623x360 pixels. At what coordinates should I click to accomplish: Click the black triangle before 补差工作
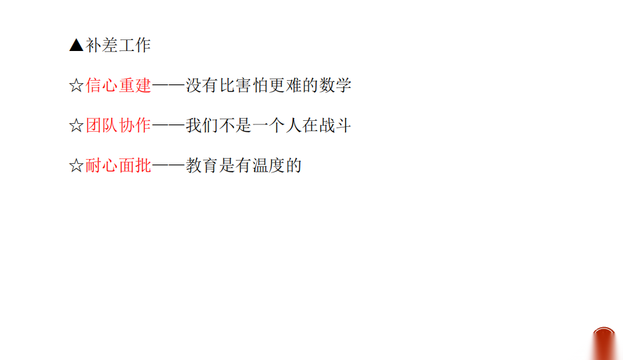77,45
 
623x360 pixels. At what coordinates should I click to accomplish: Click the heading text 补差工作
118,46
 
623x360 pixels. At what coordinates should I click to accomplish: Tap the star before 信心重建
77,86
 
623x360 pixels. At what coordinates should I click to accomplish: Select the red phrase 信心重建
118,86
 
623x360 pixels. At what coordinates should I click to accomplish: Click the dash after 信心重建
168,86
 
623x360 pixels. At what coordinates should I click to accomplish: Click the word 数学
335,86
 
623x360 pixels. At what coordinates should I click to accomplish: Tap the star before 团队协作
77,126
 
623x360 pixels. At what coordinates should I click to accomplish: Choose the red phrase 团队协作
118,126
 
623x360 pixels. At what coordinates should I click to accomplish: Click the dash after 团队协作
168,126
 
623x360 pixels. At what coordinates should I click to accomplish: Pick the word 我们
202,126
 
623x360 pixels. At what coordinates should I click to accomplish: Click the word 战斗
335,126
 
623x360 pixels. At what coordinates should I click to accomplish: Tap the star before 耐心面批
77,165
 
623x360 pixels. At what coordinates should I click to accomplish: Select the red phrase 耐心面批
118,165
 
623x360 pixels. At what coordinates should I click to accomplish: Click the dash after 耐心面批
168,165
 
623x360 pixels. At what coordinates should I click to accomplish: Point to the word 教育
202,165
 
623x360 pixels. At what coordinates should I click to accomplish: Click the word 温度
268,165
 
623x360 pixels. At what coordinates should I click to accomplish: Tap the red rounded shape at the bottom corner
604,344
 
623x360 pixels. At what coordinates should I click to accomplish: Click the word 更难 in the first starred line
285,86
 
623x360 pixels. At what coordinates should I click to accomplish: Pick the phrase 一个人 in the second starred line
277,126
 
